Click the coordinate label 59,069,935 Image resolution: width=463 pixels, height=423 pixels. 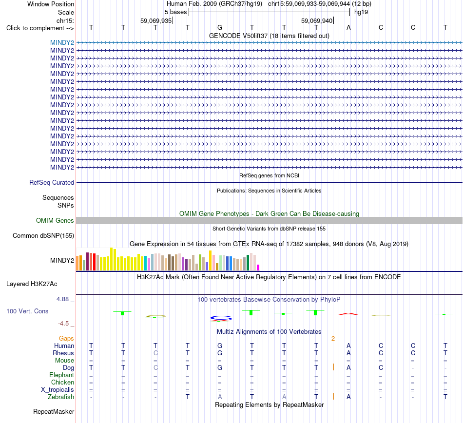point(156,20)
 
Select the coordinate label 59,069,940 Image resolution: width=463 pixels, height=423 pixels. point(317,20)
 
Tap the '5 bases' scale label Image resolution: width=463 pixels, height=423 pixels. point(175,12)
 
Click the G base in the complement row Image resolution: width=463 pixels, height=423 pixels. point(220,27)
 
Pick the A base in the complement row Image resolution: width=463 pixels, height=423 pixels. point(348,27)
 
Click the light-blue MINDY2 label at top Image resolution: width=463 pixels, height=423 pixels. point(62,42)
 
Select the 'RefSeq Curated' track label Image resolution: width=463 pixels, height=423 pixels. point(52,182)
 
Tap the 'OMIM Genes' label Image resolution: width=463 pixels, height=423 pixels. point(55,220)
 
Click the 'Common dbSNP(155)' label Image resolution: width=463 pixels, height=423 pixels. point(43,235)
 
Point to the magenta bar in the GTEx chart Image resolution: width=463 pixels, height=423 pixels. point(258,268)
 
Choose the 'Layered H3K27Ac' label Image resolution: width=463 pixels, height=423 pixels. point(32,284)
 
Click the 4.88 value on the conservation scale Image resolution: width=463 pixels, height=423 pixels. point(62,299)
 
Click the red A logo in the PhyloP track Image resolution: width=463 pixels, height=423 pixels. point(348,314)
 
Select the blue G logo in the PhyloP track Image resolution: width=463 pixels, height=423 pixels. point(221,318)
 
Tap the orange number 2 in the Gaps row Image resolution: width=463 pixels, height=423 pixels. point(333,339)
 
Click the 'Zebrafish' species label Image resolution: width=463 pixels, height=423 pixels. point(61,397)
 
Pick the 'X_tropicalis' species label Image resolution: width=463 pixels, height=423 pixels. point(58,390)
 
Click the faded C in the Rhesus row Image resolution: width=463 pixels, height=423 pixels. point(155,353)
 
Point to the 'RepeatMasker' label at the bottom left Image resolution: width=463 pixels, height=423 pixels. point(54,411)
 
